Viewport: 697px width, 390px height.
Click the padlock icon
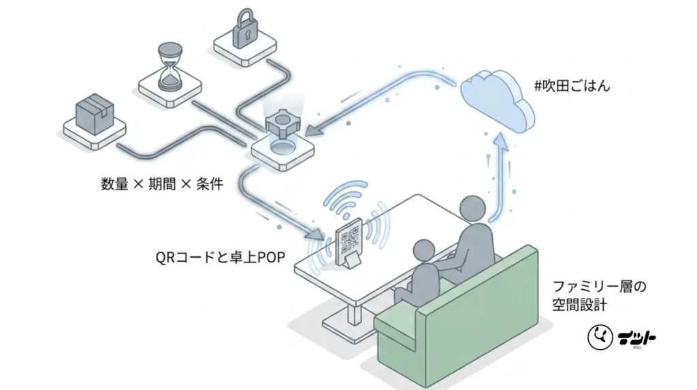pos(245,29)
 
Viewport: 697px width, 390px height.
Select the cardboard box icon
pos(95,114)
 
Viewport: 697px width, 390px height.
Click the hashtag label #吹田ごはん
pos(572,85)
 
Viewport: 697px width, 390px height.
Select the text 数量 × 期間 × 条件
pos(162,183)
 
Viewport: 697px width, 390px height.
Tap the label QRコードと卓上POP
pos(220,257)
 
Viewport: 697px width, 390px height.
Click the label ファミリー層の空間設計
pos(599,295)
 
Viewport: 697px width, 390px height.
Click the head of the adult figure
pos(472,209)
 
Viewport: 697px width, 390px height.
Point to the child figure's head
pos(423,251)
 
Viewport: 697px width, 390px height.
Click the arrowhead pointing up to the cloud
pos(501,142)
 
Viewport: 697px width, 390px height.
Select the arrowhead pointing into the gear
pos(313,129)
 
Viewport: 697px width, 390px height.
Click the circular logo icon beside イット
pos(600,337)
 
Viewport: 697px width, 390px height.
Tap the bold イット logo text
pos(636,337)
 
